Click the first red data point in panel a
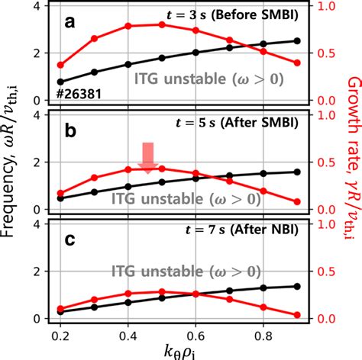(x=61, y=65)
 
